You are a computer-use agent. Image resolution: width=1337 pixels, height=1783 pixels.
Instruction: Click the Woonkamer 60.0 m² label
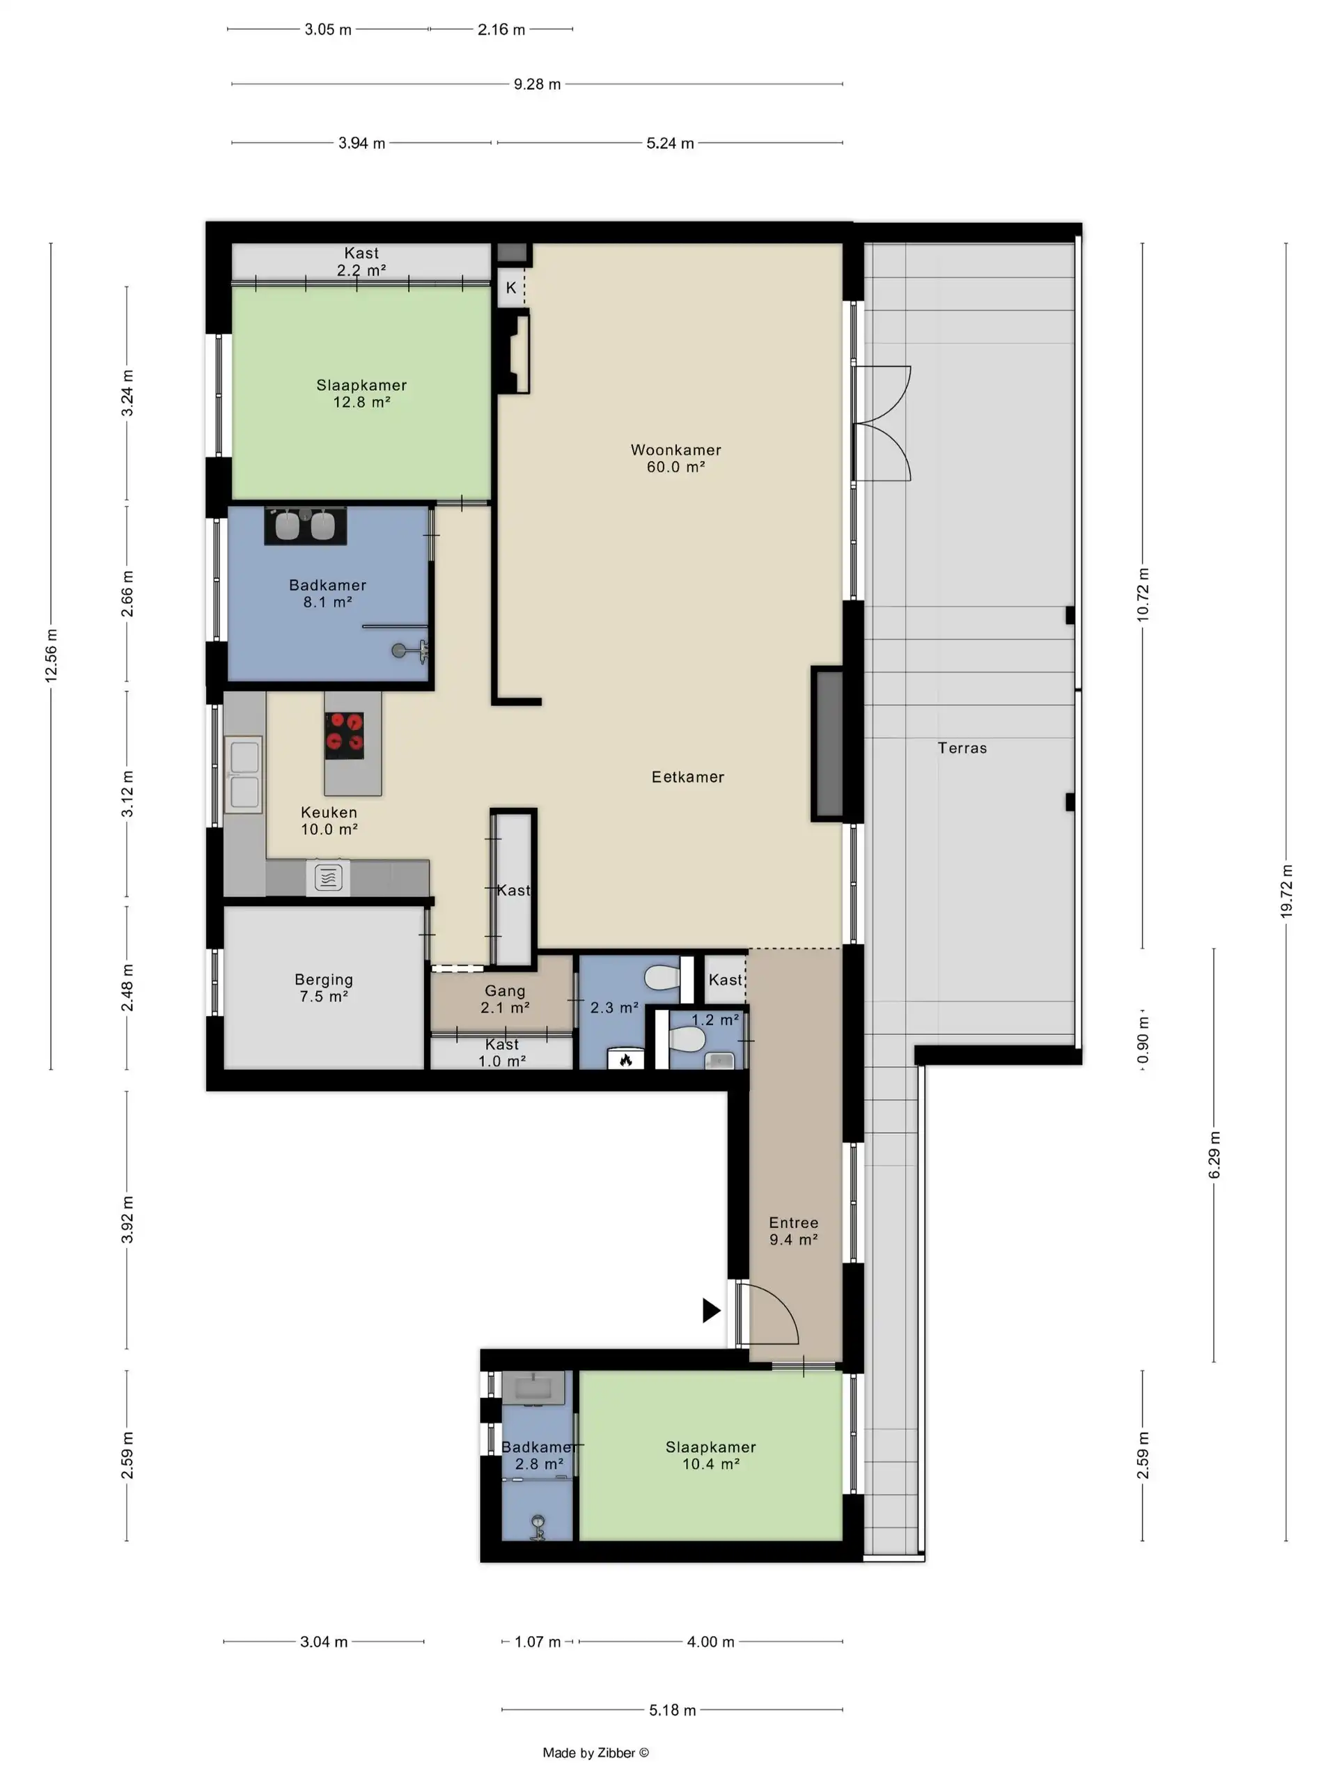tap(675, 458)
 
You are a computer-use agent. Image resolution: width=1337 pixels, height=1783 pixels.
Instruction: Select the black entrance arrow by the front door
tap(710, 1310)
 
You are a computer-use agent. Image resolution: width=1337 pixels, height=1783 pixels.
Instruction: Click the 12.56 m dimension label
tap(51, 655)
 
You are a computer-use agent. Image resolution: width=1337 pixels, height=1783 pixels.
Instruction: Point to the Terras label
tap(962, 748)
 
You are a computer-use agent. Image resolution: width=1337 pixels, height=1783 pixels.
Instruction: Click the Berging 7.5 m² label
tap(323, 988)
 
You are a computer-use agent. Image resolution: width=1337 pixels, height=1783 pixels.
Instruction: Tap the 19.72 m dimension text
tap(1285, 891)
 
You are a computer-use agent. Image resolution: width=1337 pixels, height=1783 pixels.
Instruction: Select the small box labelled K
tap(511, 288)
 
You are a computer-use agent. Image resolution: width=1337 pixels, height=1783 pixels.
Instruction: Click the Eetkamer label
tap(687, 777)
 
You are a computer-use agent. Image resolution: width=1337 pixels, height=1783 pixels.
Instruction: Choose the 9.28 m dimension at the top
tap(537, 84)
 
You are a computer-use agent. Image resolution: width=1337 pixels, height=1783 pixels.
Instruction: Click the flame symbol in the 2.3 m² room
tap(625, 1060)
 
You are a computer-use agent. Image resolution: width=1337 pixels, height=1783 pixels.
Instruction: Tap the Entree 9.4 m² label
tap(793, 1231)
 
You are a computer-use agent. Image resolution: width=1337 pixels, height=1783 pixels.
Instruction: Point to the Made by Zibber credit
tap(595, 1752)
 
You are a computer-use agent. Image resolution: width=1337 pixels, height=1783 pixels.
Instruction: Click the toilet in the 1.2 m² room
tap(687, 1039)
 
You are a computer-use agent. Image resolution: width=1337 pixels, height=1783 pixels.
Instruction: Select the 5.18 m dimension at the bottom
tap(672, 1710)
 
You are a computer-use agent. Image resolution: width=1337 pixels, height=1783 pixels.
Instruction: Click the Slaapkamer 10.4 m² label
tap(710, 1455)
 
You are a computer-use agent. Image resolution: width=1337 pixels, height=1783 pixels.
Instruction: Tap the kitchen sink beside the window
tap(244, 774)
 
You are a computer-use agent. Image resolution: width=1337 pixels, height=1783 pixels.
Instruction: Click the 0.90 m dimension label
tap(1142, 1040)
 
